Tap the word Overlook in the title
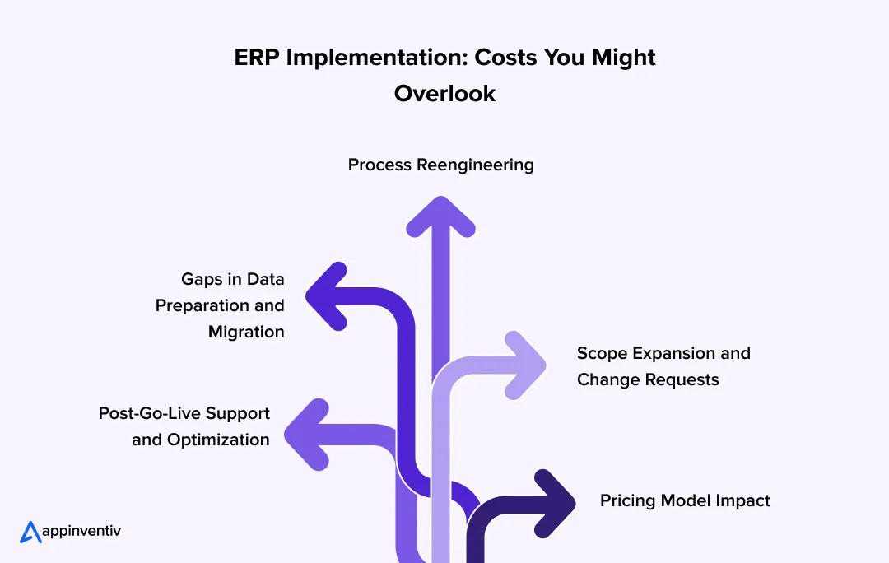[444, 93]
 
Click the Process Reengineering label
[440, 165]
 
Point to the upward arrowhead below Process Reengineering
[442, 216]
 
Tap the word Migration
[246, 332]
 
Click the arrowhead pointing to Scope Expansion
[526, 364]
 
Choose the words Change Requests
[648, 379]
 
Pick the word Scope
[602, 353]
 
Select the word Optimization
[218, 440]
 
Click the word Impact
[743, 500]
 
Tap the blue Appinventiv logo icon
[30, 532]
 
